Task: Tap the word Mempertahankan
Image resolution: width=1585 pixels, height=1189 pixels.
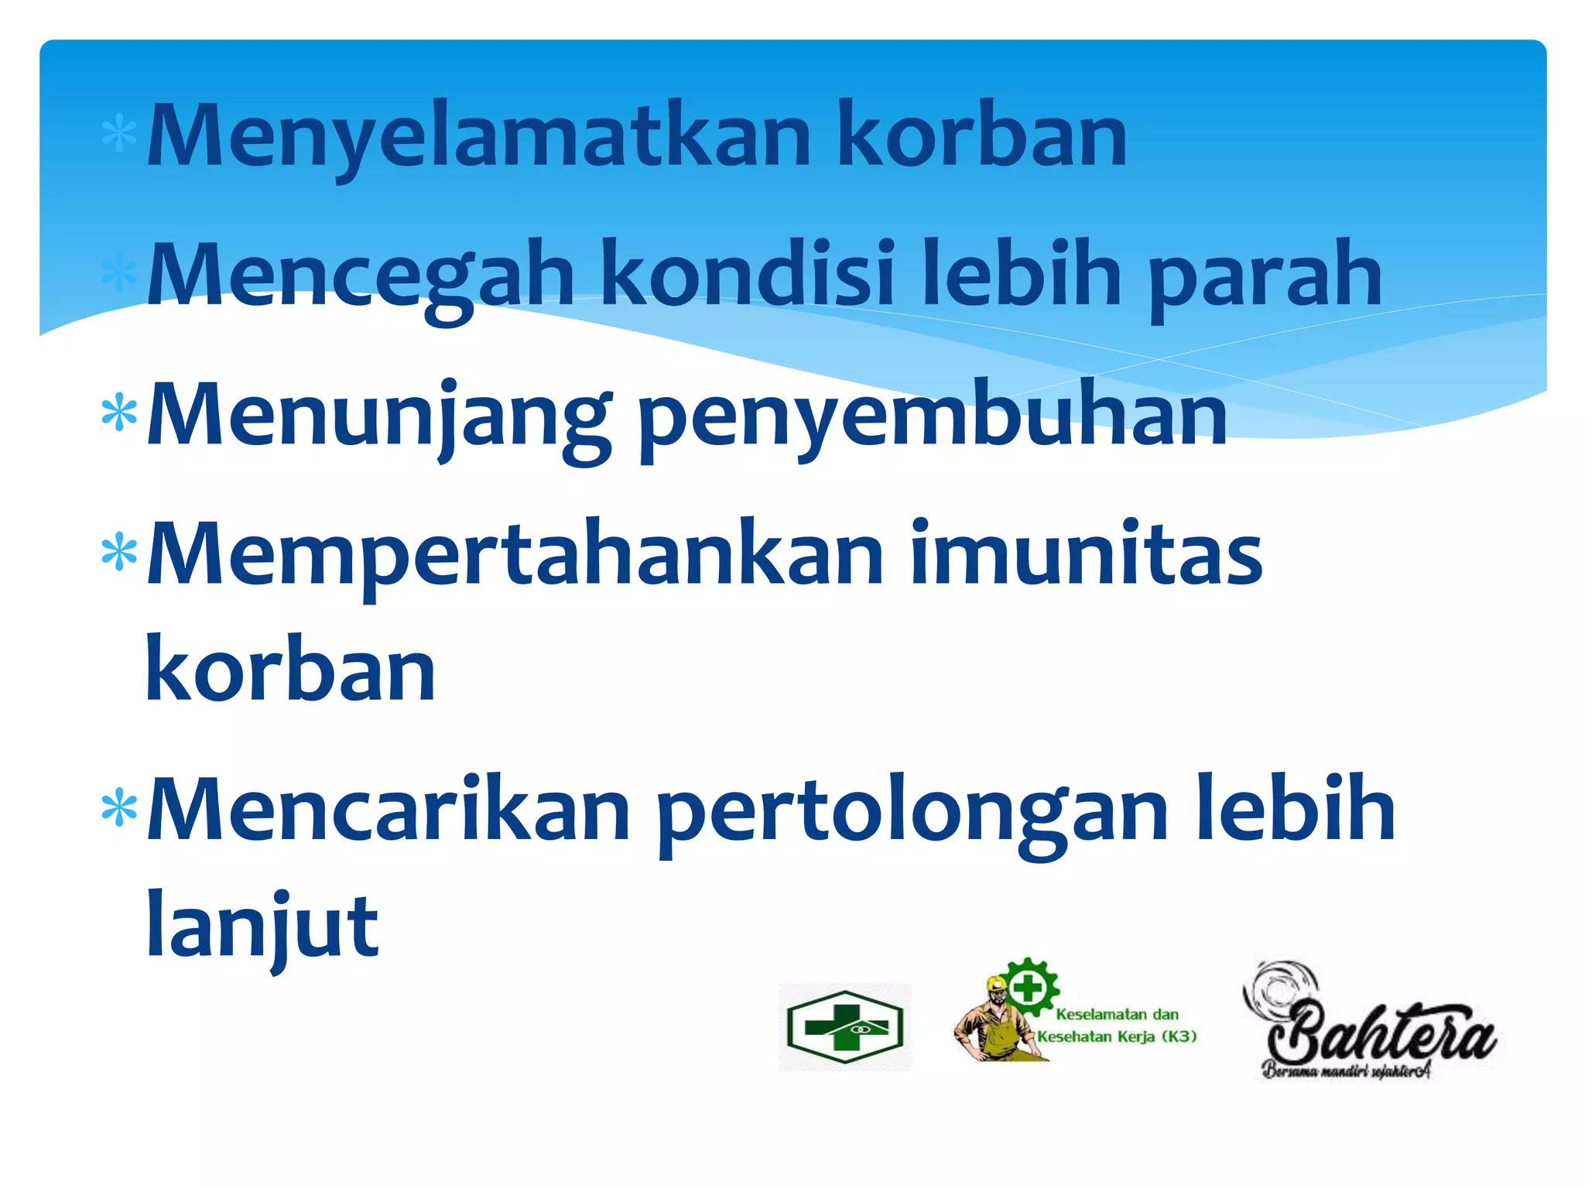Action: coord(515,556)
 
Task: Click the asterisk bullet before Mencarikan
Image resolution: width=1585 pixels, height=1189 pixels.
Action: coord(119,808)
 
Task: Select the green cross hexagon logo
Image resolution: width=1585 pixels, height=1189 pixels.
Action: coord(844,1028)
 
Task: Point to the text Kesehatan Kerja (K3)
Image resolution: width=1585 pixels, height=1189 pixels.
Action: coord(1117,1037)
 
